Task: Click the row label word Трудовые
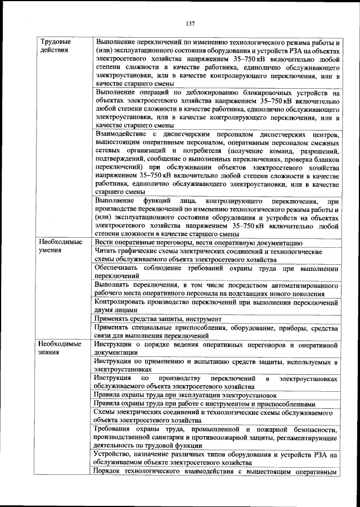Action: click(x=55, y=42)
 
